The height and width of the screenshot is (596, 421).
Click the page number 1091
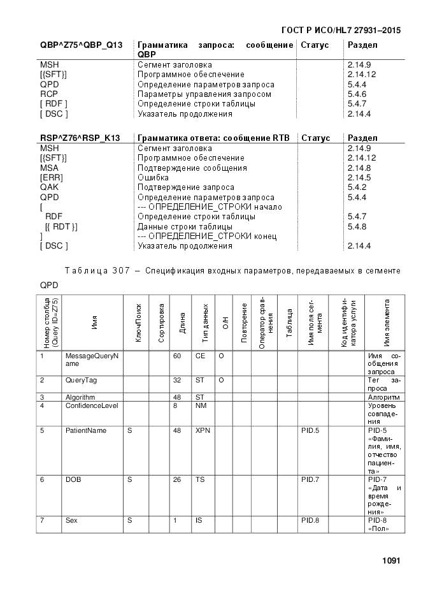click(x=390, y=561)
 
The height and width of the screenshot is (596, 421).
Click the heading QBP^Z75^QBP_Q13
click(x=81, y=45)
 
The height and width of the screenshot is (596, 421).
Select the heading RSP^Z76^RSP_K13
click(x=80, y=138)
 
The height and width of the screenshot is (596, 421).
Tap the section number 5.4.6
click(x=357, y=94)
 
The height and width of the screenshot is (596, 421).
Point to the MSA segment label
click(x=49, y=168)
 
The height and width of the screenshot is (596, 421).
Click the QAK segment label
click(x=49, y=187)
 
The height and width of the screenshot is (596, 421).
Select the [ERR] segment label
click(x=51, y=177)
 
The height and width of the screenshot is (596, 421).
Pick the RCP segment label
click(x=49, y=94)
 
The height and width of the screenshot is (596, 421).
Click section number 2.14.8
click(x=359, y=168)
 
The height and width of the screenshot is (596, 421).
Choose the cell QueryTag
click(x=81, y=380)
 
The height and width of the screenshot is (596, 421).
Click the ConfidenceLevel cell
click(x=92, y=405)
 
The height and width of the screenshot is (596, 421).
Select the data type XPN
click(x=202, y=430)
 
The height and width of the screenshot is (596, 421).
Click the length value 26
click(x=177, y=479)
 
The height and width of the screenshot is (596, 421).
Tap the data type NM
click(x=200, y=405)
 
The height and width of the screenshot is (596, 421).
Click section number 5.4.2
click(x=357, y=187)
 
